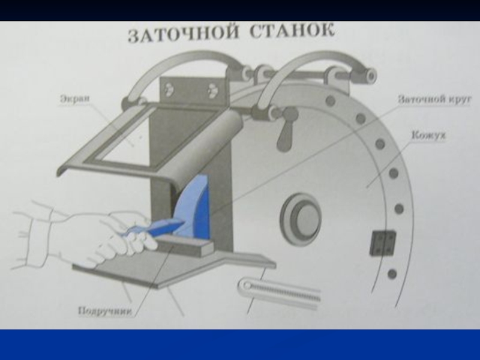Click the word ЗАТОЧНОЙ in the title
183,34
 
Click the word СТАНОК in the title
292,31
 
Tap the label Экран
74,99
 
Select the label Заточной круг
434,100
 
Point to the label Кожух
428,135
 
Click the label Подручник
106,311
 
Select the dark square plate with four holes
383,244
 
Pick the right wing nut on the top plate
211,90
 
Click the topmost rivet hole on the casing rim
330,100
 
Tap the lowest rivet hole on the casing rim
392,274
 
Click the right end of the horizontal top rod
371,76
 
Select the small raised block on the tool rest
185,244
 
